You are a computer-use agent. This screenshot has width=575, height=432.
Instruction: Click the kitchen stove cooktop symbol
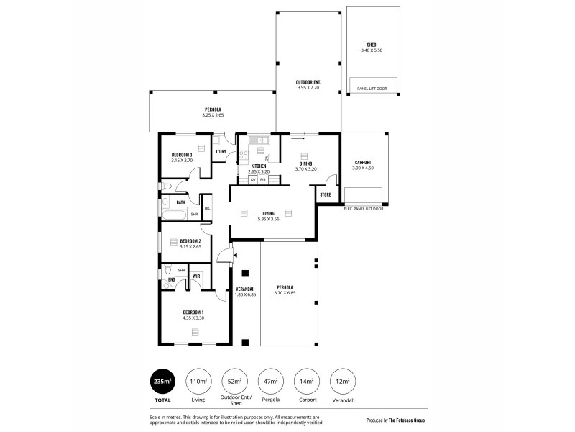point(244,153)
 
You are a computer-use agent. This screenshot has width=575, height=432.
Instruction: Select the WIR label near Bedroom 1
point(195,275)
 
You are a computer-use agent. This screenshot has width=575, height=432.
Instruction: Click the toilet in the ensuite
point(167,284)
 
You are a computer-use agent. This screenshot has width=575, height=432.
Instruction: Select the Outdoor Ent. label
point(308,82)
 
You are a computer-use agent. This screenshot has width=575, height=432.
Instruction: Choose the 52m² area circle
point(234,380)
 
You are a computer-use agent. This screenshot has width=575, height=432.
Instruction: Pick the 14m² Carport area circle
point(307,380)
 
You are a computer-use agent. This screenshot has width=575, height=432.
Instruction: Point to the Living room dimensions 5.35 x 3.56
point(267,218)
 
